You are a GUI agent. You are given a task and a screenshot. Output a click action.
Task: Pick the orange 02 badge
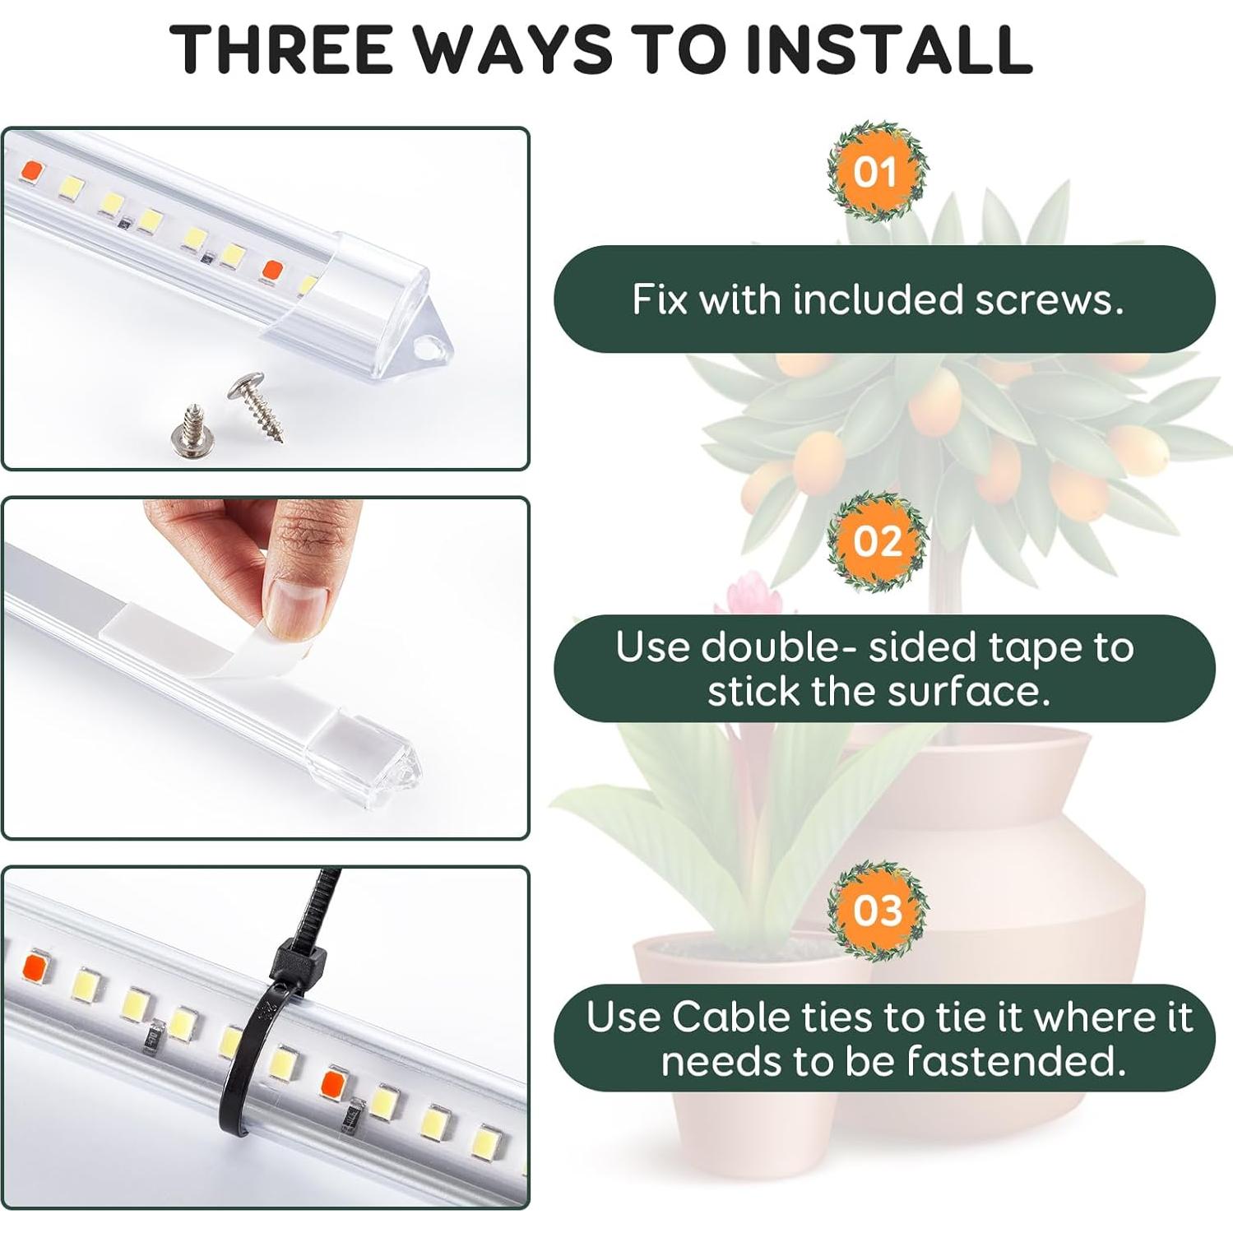877,541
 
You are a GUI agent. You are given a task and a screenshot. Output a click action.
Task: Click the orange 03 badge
877,911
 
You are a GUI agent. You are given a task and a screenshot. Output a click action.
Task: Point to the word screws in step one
1050,299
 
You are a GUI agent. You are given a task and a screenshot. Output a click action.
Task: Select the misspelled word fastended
1016,1061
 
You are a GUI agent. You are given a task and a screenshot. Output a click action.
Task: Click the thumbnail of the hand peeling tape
266,668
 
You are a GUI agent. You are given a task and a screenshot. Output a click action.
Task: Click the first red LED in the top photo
32,171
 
